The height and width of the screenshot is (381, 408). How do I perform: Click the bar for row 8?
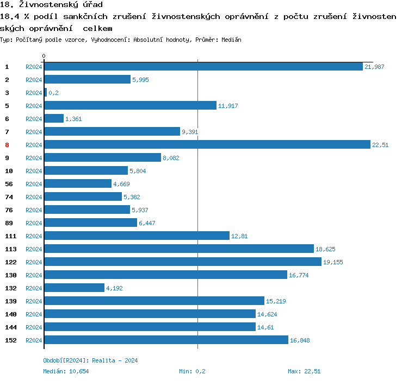pyautogui.click(x=207, y=144)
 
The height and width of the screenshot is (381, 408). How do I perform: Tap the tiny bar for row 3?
pyautogui.click(x=45, y=92)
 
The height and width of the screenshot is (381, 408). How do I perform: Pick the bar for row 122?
pyautogui.click(x=182, y=262)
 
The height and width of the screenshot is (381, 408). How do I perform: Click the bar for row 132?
pyautogui.click(x=74, y=288)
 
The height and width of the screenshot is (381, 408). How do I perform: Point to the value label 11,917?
pyautogui.click(x=228, y=106)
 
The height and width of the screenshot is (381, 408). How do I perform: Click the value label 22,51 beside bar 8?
pyautogui.click(x=380, y=145)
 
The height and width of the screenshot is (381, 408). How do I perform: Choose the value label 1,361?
pyautogui.click(x=73, y=119)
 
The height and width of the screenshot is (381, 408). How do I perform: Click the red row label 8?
pyautogui.click(x=7, y=145)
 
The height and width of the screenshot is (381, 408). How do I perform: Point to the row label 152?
pyautogui.click(x=11, y=340)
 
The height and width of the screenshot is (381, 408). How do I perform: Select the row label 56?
pyautogui.click(x=9, y=184)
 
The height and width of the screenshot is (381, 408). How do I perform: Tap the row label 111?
pyautogui.click(x=11, y=236)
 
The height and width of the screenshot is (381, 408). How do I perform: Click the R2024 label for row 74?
pyautogui.click(x=34, y=197)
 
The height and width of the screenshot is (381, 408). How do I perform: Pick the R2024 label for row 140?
pyautogui.click(x=34, y=314)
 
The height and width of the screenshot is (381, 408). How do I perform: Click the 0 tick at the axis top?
pyautogui.click(x=44, y=56)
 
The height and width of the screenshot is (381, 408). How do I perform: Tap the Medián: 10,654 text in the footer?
pyautogui.click(x=66, y=371)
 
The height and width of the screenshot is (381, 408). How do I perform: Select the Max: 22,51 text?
pyautogui.click(x=304, y=371)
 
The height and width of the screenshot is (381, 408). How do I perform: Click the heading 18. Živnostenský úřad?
pyautogui.click(x=51, y=5)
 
